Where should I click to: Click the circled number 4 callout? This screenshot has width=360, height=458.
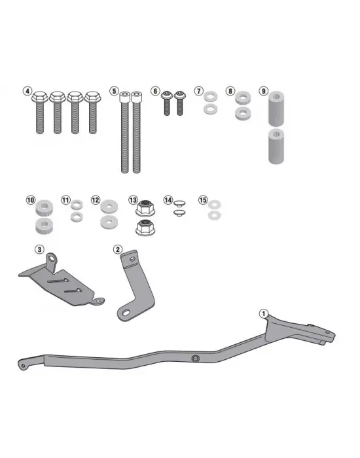tap(27, 91)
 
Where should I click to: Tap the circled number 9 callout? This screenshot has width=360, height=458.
tap(264, 91)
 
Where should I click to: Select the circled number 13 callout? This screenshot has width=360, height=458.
tap(133, 200)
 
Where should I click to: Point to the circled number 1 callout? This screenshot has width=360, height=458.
tap(264, 314)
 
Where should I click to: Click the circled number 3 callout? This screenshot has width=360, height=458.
tap(39, 249)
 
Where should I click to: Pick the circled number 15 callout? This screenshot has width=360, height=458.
tap(203, 200)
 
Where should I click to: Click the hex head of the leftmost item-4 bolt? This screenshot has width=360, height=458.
tap(40, 97)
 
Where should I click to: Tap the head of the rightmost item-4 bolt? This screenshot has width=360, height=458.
tap(93, 97)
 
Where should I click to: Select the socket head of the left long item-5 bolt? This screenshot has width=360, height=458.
tap(125, 97)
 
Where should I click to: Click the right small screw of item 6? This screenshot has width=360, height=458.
tap(180, 103)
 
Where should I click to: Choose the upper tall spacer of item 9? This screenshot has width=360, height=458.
tap(276, 109)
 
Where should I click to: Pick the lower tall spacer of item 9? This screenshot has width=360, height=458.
tap(276, 146)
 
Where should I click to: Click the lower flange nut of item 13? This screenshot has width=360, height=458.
tap(145, 228)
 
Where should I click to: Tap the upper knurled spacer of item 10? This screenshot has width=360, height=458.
tap(44, 207)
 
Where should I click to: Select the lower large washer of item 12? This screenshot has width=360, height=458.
tap(109, 222)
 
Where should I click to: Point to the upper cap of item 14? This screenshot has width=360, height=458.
tap(179, 203)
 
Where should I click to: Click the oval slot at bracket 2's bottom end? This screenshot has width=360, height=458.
tap(127, 313)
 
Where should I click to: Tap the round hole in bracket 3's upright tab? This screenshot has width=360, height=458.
tap(52, 258)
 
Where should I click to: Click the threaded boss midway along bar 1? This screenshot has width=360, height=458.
tap(195, 358)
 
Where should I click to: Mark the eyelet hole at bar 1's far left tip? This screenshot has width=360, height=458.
tap(22, 366)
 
